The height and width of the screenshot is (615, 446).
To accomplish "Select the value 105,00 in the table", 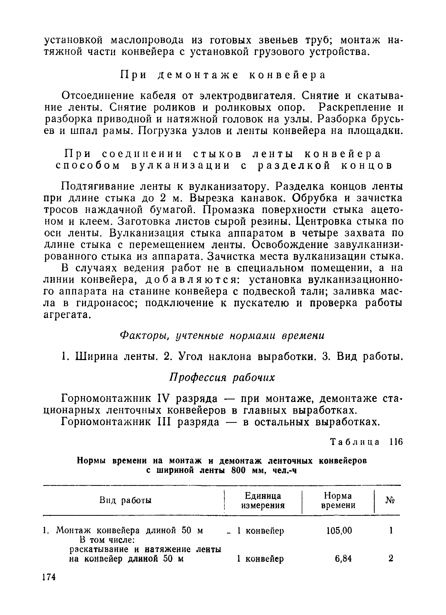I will coord(339,530).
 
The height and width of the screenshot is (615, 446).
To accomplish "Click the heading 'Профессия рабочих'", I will coord(222,378).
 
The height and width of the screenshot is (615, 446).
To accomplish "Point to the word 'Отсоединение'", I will coord(98,96).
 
